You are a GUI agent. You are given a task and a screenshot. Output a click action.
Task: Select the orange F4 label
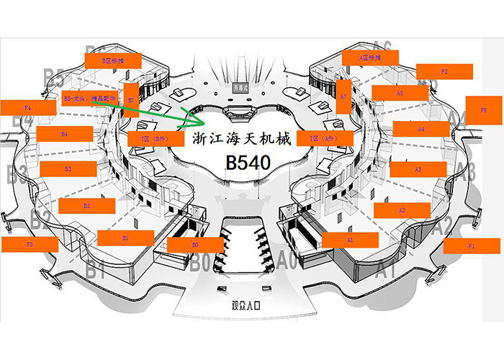[27, 107]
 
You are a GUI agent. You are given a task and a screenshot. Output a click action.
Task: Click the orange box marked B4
[65, 133]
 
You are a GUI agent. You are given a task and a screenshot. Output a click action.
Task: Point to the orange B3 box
[68, 168]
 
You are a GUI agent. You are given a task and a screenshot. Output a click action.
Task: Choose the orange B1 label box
[125, 238]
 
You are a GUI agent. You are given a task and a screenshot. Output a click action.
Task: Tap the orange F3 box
[30, 244]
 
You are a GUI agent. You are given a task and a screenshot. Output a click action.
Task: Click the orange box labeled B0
[194, 245]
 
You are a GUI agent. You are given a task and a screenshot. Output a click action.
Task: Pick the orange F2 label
[444, 71]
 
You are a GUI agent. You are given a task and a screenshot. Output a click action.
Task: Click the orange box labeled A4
[421, 129]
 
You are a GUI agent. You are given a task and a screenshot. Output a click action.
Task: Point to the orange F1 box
[472, 246]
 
